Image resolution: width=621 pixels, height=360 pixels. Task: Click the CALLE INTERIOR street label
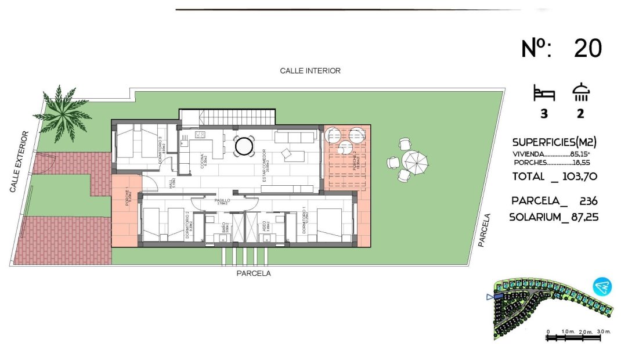pyautogui.click(x=310, y=71)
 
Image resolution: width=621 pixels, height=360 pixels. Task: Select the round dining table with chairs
pyautogui.click(x=244, y=146)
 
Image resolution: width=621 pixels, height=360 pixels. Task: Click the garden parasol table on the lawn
pyautogui.click(x=415, y=160)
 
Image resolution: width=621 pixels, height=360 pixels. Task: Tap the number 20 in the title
pyautogui.click(x=587, y=48)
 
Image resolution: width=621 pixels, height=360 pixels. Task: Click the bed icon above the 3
pyautogui.click(x=544, y=93)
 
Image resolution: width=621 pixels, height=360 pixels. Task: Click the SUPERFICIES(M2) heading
pyautogui.click(x=554, y=142)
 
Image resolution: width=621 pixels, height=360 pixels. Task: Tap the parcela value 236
pyautogui.click(x=588, y=201)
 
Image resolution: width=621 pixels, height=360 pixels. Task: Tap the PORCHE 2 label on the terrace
pyautogui.click(x=357, y=159)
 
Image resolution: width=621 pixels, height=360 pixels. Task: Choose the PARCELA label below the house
pyautogui.click(x=253, y=273)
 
